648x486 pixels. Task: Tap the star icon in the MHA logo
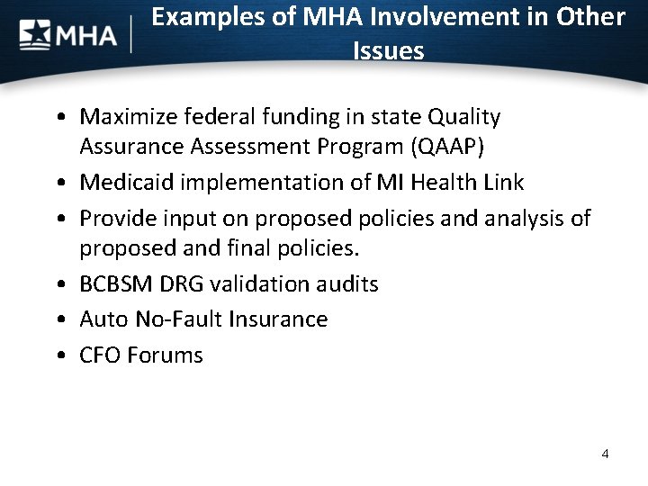[35, 36]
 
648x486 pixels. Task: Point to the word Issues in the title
[388, 51]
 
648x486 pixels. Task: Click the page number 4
[605, 454]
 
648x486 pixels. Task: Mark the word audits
[346, 284]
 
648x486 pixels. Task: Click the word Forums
[166, 355]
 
